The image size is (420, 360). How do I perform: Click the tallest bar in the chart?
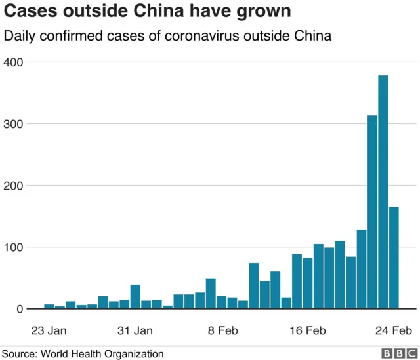(383, 192)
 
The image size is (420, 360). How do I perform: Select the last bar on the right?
(394, 258)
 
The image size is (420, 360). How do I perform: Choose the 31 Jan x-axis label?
(135, 330)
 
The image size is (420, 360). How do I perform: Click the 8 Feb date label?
(222, 330)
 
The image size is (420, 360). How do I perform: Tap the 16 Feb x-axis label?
(308, 330)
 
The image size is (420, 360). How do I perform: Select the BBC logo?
(395, 353)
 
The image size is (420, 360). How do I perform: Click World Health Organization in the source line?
(102, 353)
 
